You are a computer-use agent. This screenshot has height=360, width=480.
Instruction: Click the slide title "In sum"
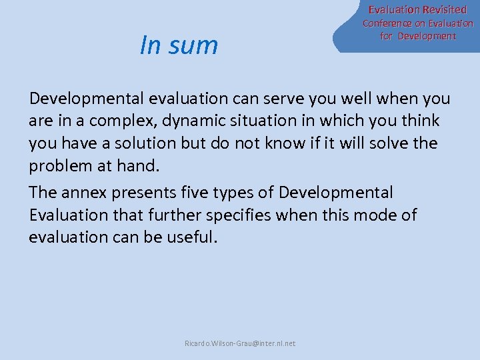[x=179, y=45]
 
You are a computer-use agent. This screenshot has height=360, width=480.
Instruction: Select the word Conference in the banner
[x=388, y=23]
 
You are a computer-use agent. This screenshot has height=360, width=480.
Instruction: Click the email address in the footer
[x=240, y=343]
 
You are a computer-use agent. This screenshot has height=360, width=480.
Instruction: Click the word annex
[x=85, y=193]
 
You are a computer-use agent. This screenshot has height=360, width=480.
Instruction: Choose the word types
[x=239, y=193]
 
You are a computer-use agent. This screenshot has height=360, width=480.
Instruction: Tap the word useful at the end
[x=193, y=238]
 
